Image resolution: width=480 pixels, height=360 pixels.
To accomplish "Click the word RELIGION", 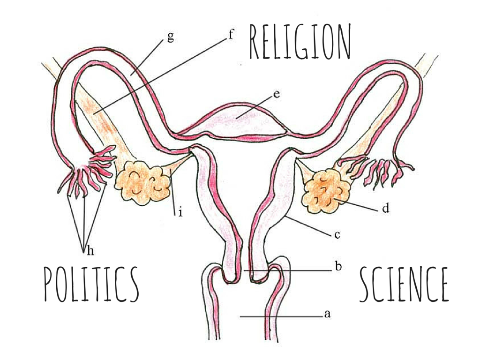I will tap(300, 43).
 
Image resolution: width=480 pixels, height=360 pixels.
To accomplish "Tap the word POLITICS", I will tap(91, 284).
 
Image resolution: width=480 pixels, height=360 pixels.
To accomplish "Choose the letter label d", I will tap(385, 208).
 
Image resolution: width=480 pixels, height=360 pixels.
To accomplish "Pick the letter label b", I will tap(338, 267).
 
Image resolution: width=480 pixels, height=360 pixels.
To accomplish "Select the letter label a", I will tap(327, 314).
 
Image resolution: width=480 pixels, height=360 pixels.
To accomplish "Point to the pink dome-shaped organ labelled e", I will tap(239, 120).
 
